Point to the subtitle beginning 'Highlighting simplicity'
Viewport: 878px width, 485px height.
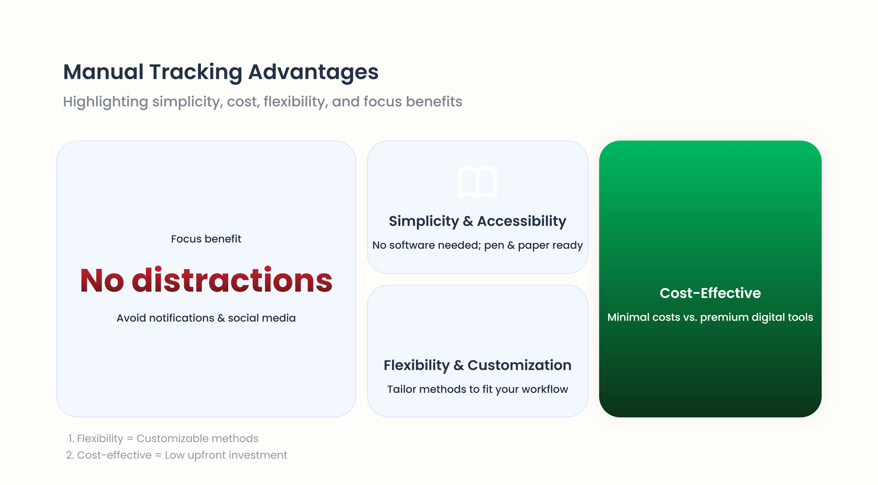(x=263, y=102)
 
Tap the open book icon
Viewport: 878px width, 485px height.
(x=478, y=182)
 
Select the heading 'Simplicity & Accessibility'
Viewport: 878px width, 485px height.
(x=478, y=221)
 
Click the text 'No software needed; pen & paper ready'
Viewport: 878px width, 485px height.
(x=478, y=245)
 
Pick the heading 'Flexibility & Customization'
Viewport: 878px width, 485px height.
(x=478, y=365)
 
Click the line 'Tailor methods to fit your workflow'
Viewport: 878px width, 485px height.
(x=478, y=389)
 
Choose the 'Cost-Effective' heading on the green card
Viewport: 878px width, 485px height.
(x=710, y=293)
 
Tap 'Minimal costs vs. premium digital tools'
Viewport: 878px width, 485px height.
(x=710, y=317)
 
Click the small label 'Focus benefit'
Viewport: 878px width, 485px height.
(x=206, y=239)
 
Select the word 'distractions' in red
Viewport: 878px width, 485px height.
(x=232, y=280)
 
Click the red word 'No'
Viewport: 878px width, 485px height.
(x=102, y=281)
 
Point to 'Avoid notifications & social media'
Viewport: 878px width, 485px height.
(x=206, y=318)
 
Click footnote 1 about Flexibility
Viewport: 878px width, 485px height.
(x=163, y=439)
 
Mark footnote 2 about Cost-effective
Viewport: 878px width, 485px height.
(x=176, y=455)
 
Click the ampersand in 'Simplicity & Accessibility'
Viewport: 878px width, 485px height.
(x=468, y=221)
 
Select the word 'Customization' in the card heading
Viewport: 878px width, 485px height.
(x=519, y=365)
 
